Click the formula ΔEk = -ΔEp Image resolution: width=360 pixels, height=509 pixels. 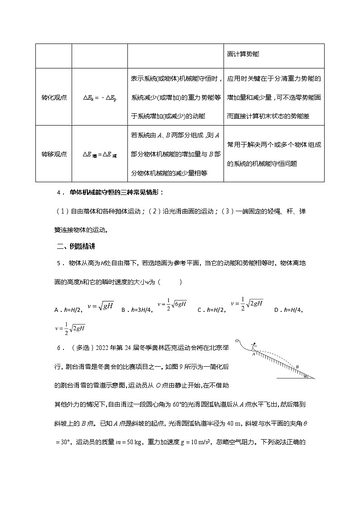[x=100, y=97]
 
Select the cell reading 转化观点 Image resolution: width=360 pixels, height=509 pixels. [x=54, y=97]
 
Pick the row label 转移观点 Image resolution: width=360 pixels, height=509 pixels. [x=54, y=154]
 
